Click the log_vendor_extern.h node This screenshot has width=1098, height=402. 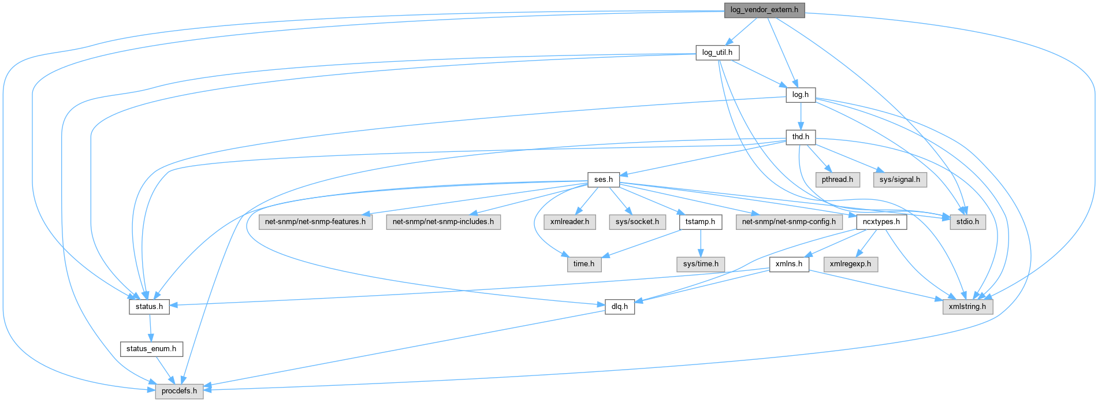(764, 10)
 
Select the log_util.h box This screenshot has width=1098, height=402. (717, 53)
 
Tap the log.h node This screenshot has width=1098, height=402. (800, 95)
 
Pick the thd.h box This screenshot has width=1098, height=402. (800, 137)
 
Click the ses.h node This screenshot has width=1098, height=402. (603, 180)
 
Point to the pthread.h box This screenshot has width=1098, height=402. (838, 180)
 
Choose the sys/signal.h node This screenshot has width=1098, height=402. (899, 180)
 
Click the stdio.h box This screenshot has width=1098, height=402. (967, 222)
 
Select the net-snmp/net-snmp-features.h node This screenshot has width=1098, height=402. (315, 222)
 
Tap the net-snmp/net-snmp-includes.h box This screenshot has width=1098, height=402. (443, 222)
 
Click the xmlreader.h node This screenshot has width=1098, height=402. (570, 222)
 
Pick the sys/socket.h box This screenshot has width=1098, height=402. (637, 222)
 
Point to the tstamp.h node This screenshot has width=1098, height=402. (700, 222)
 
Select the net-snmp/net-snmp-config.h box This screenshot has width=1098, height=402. (788, 222)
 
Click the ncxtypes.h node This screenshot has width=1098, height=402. (881, 222)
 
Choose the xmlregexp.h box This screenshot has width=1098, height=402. (850, 264)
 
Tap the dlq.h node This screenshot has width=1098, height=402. (620, 307)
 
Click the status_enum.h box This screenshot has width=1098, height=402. (151, 349)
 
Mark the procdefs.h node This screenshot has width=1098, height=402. (179, 391)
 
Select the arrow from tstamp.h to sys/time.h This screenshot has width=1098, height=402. (701, 243)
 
